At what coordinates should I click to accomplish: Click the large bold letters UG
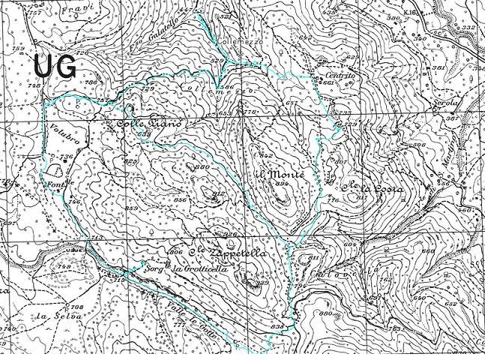point(55,67)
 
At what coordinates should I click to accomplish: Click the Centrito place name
point(339,76)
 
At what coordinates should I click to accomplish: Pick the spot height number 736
point(66,156)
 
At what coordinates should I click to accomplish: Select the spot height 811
point(313,259)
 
